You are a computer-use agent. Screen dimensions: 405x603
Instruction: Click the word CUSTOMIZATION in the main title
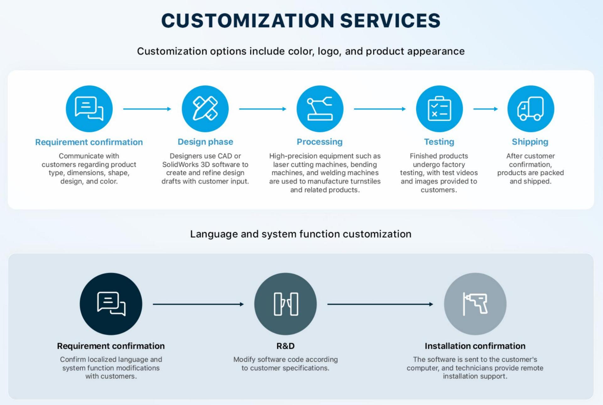point(248,21)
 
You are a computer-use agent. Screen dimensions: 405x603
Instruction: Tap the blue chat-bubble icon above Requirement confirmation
point(89,109)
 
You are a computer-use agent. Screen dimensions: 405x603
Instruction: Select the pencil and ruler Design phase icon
point(205,109)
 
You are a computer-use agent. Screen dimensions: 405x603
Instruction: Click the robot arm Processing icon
point(320,109)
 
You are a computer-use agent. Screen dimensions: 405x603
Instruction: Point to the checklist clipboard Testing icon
point(439,109)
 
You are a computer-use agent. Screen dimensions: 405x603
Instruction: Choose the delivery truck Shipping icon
point(530,109)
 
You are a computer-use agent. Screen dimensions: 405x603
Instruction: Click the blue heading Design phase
point(205,142)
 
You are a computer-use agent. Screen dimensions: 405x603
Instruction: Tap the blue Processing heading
point(319,142)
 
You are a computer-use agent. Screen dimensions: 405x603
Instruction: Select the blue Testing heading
point(439,142)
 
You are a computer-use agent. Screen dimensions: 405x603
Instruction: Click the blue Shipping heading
point(530,142)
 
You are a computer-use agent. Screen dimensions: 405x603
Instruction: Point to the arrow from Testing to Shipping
point(485,109)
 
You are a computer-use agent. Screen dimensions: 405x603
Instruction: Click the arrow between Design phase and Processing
point(263,109)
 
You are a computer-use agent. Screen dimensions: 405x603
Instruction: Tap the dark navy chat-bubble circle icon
point(111,304)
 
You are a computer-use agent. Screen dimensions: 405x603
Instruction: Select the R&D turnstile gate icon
point(285,304)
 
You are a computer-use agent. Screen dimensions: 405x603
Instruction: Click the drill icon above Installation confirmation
point(475,304)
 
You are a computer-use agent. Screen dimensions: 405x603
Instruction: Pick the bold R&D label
point(285,346)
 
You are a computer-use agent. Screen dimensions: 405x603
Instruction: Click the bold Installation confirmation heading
point(475,346)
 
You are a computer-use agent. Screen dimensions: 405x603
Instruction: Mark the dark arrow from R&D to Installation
point(380,304)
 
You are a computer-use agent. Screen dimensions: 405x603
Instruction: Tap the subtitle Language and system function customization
point(301,234)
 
